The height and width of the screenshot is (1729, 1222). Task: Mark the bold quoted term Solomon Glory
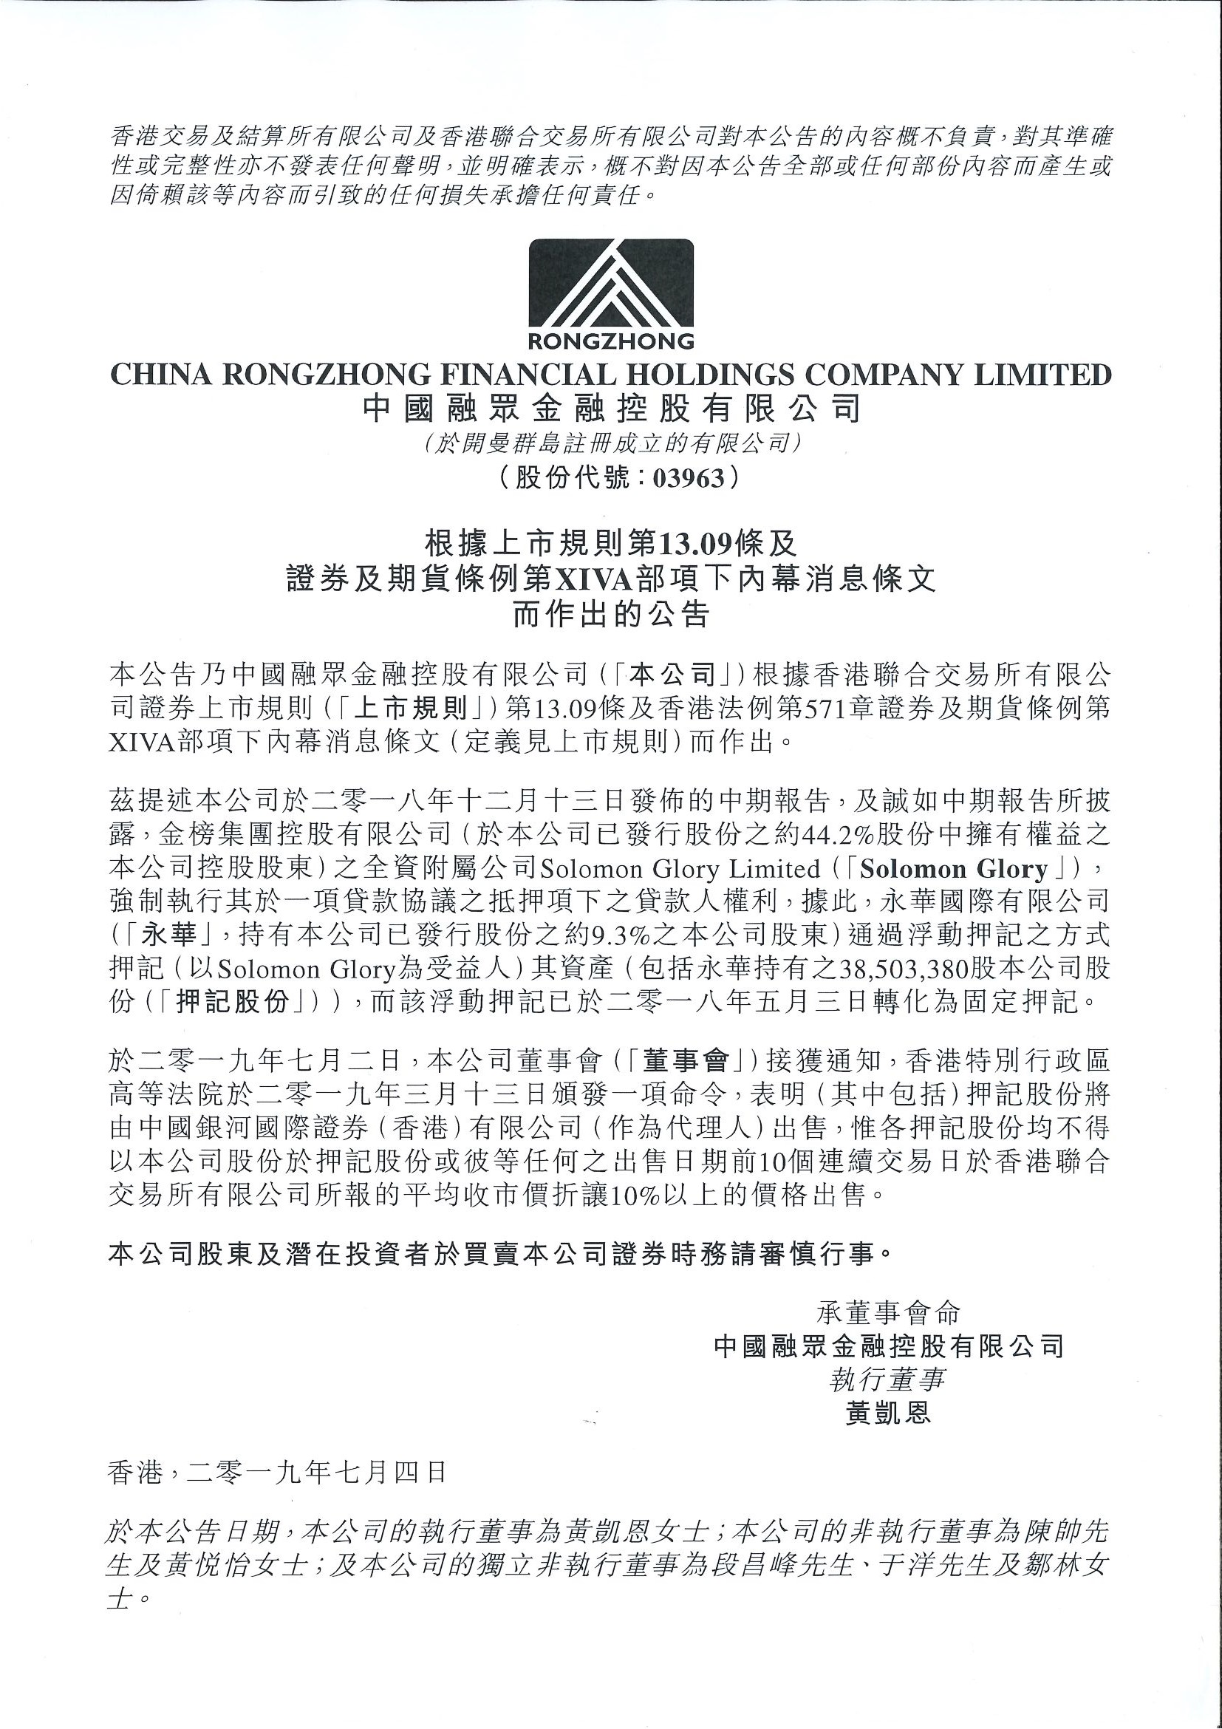tap(954, 869)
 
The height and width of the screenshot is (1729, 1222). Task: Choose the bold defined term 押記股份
tap(235, 1003)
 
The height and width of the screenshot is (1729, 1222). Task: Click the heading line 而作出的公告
tap(610, 615)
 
